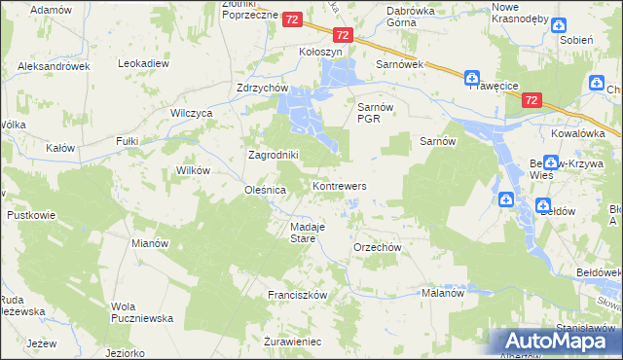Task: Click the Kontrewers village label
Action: (339, 185)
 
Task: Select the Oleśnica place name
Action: (265, 191)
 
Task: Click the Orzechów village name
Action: (379, 247)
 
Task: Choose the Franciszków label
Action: (297, 294)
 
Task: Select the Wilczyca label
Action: (192, 113)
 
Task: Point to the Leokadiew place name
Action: (144, 63)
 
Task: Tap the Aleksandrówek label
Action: (54, 66)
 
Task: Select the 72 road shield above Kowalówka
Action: (531, 99)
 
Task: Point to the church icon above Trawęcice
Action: (472, 78)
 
